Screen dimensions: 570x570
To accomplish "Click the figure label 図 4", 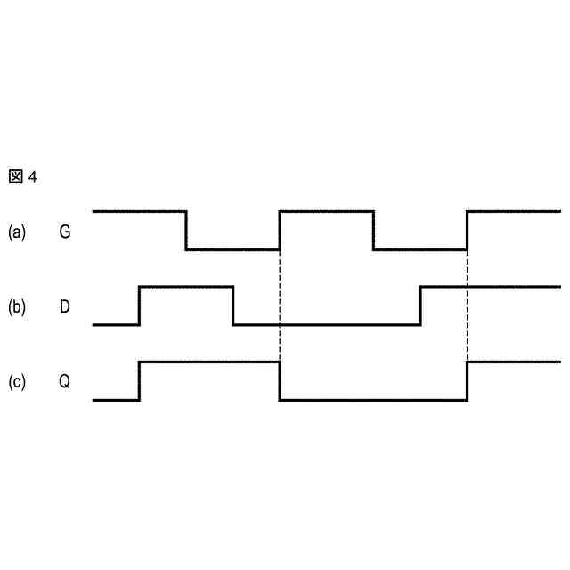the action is [x=23, y=176].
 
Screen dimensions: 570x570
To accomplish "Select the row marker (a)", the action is [x=17, y=232].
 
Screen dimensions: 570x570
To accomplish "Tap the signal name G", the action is [x=65, y=232].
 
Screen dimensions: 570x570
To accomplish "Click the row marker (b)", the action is [x=17, y=307].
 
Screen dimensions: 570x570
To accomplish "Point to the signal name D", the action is [x=65, y=307].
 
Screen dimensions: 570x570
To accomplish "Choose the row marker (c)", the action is [x=17, y=382].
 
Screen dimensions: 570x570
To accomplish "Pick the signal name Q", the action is [x=65, y=382].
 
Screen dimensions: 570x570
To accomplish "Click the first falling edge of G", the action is [x=186, y=231].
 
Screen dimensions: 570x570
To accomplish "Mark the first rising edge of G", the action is [x=280, y=231].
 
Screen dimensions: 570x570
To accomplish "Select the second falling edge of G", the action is [x=373, y=231].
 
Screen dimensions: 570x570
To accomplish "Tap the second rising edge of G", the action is [x=467, y=231].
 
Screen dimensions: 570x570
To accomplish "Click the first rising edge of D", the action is [x=140, y=305].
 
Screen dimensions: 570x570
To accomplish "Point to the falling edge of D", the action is [x=233, y=305].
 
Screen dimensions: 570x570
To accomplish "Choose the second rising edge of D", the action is [x=420, y=305].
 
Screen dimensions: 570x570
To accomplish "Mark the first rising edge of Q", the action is [x=140, y=381].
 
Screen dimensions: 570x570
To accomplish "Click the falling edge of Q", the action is [x=280, y=381].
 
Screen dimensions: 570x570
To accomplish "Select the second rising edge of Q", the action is [x=467, y=381].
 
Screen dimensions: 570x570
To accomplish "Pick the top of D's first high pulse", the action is [x=186, y=287].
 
